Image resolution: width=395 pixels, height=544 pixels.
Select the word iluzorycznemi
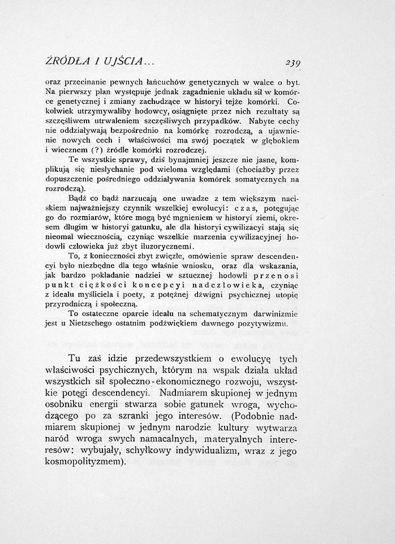point(165,247)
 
